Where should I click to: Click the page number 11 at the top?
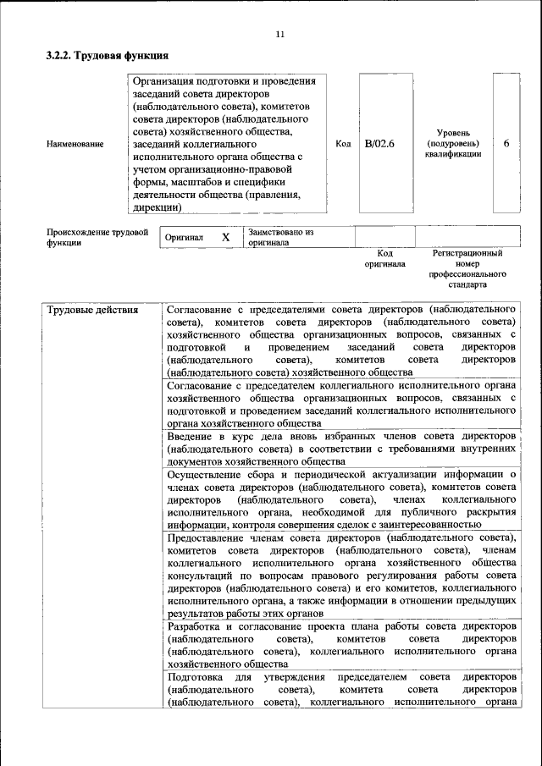(x=279, y=35)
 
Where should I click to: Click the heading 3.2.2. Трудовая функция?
(x=107, y=56)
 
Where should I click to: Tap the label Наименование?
(x=75, y=144)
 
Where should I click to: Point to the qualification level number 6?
(x=506, y=143)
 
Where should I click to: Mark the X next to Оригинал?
(x=226, y=237)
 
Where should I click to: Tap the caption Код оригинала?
(x=384, y=258)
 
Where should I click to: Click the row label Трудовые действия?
(x=92, y=309)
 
